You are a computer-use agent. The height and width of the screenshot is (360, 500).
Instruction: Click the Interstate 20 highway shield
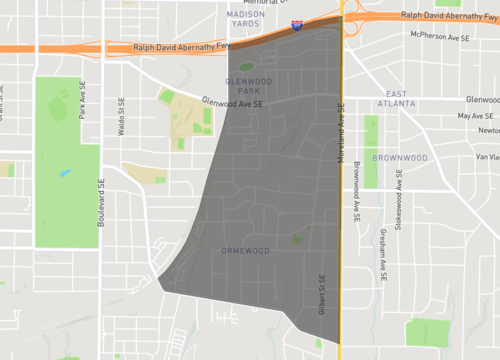point(298,23)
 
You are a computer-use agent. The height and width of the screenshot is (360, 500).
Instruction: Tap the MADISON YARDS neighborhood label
point(246,20)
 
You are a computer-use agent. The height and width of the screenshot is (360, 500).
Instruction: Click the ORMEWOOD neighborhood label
point(242,250)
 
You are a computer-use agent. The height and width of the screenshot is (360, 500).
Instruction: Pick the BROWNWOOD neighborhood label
point(400,158)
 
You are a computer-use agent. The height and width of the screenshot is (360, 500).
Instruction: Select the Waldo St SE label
point(121,116)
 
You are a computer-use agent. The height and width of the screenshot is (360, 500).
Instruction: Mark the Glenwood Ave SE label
point(232,101)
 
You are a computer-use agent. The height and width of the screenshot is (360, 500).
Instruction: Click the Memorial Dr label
point(262,3)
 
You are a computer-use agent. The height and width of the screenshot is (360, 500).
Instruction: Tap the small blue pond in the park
point(65,173)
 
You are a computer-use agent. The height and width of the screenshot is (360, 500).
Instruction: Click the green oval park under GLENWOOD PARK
point(246,67)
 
